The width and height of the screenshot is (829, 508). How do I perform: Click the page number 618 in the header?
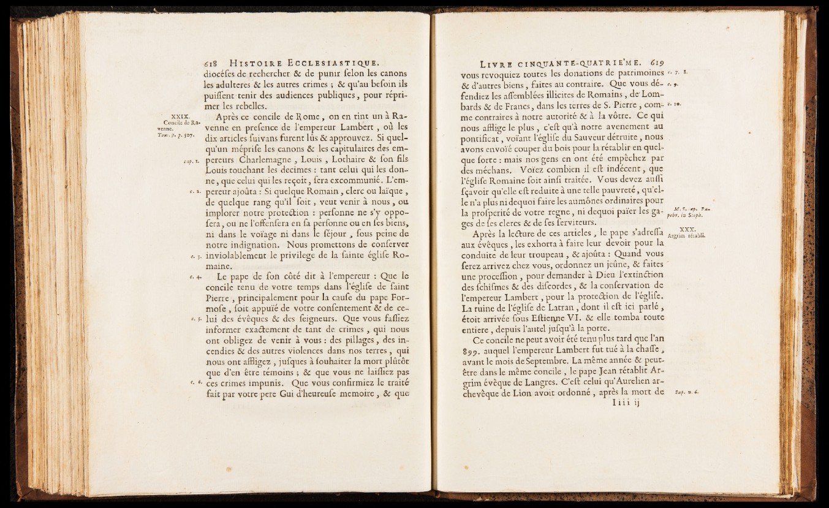coord(212,61)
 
